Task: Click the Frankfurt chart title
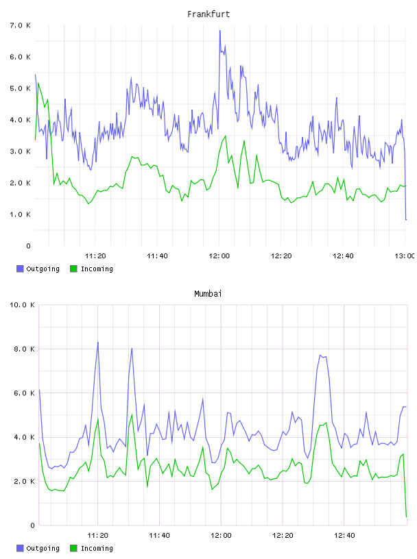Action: coord(208,14)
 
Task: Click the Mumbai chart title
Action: coord(208,294)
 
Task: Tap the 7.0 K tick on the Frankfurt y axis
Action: coord(20,25)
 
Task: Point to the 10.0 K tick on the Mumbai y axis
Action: coord(22,305)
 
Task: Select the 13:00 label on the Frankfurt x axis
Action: coord(405,256)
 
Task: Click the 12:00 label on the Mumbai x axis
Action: coord(221,535)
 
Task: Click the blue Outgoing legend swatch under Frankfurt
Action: coord(20,269)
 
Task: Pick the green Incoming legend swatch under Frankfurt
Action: coord(73,269)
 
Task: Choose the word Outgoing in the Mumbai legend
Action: coord(43,548)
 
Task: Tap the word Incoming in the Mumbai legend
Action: coord(97,548)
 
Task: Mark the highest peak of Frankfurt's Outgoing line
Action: coord(220,31)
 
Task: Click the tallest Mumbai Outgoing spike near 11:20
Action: coord(98,343)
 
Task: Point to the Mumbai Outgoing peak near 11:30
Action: coord(132,348)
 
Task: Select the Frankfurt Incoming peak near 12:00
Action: coord(225,136)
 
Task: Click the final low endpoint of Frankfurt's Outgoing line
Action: coord(406,220)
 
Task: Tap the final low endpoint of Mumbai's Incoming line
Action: coord(406,517)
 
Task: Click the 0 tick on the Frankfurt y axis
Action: coord(28,246)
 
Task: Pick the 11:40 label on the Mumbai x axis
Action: coord(159,535)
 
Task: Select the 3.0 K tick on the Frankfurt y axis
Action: coord(20,151)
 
